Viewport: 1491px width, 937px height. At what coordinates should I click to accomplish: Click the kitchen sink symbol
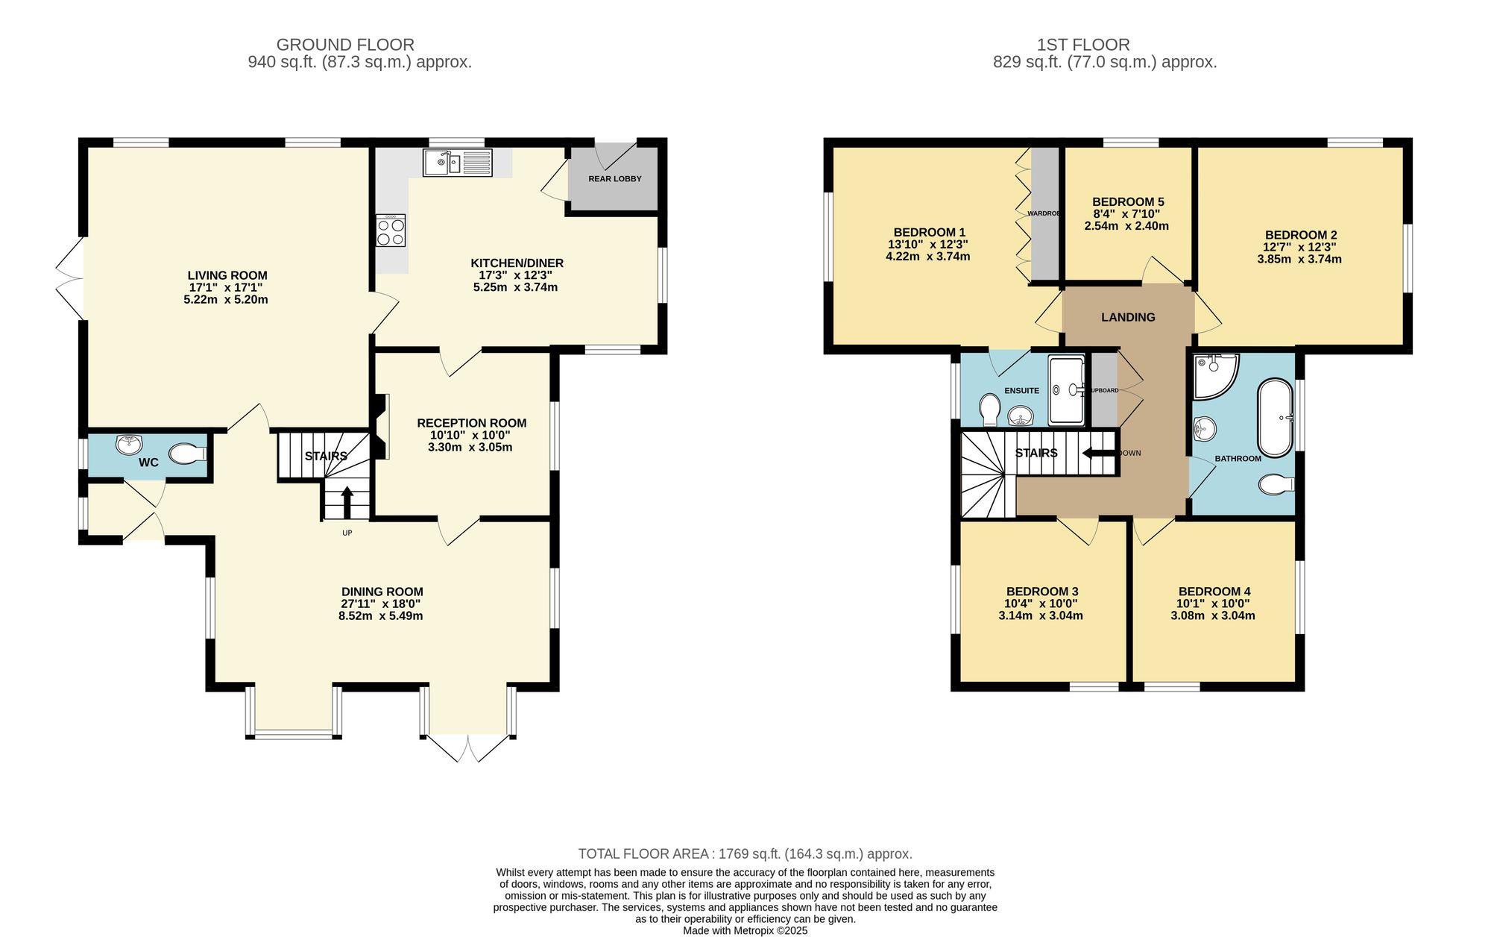tap(457, 162)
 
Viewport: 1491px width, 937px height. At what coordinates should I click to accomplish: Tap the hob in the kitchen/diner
tap(391, 231)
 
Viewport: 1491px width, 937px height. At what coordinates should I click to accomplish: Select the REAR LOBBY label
tap(614, 179)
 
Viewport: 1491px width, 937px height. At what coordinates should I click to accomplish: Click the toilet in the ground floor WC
tap(187, 453)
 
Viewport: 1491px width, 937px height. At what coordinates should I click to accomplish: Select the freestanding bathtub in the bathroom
tap(1276, 418)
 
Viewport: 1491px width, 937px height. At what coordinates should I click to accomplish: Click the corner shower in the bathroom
tap(1214, 375)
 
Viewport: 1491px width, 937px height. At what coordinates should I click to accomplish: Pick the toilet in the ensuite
tap(990, 408)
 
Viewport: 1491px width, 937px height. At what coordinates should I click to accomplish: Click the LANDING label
tap(1128, 317)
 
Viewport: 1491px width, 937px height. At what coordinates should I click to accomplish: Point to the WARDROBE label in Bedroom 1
tap(1043, 213)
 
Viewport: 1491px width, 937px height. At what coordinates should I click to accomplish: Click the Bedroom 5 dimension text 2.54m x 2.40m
tap(1126, 226)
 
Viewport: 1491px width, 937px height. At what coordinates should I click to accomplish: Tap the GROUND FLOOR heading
tap(344, 45)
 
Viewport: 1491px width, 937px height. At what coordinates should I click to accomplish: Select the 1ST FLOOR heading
tap(1082, 45)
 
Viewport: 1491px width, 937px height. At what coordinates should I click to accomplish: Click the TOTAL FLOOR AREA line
tap(745, 853)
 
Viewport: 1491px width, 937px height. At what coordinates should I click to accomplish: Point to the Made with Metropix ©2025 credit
tap(745, 930)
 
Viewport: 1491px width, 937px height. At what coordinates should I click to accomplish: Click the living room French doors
tap(69, 278)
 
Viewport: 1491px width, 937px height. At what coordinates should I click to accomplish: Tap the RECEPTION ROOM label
tap(471, 423)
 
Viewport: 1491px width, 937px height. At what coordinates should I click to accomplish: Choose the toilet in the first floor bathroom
tap(1276, 485)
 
